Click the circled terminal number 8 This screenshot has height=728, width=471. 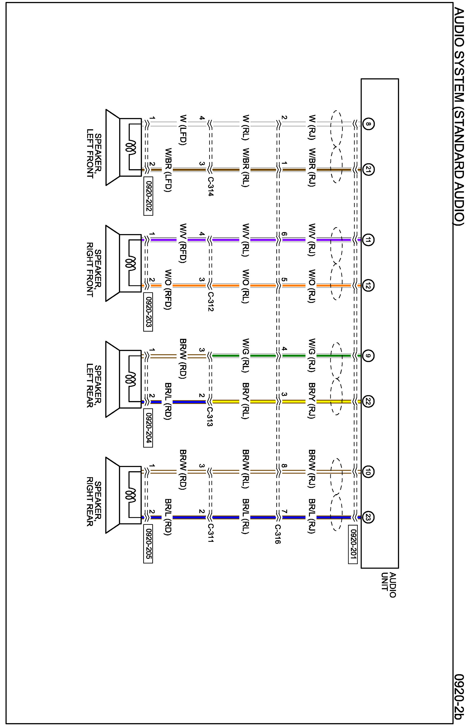point(368,124)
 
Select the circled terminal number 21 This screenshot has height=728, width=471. point(368,169)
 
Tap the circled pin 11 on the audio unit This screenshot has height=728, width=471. point(368,240)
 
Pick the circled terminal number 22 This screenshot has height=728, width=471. point(368,402)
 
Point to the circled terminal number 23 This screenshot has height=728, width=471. point(368,518)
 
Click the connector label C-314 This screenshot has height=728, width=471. point(210,186)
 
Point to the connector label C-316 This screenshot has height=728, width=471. point(277,534)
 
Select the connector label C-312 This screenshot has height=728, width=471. point(210,302)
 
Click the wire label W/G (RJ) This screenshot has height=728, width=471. point(312,355)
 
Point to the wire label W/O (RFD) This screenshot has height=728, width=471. point(168,289)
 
